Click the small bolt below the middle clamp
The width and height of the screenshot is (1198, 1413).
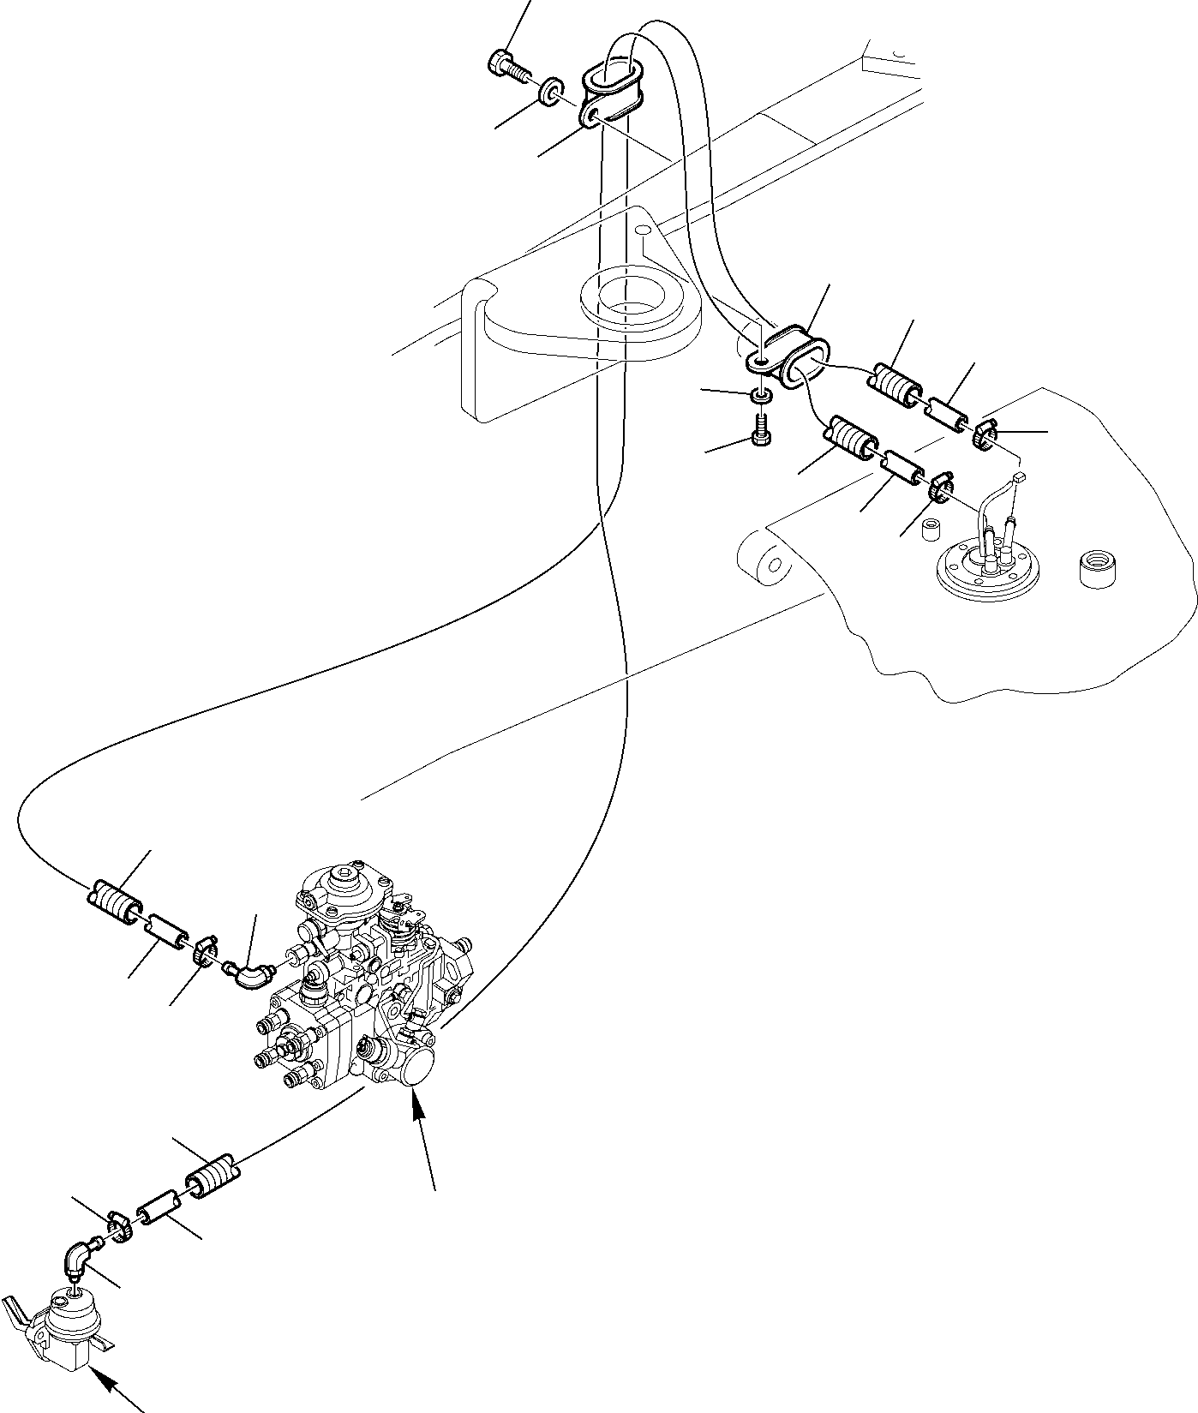[x=761, y=429]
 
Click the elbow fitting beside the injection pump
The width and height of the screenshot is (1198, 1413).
[x=249, y=974]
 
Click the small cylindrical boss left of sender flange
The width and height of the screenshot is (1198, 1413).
[x=931, y=528]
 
